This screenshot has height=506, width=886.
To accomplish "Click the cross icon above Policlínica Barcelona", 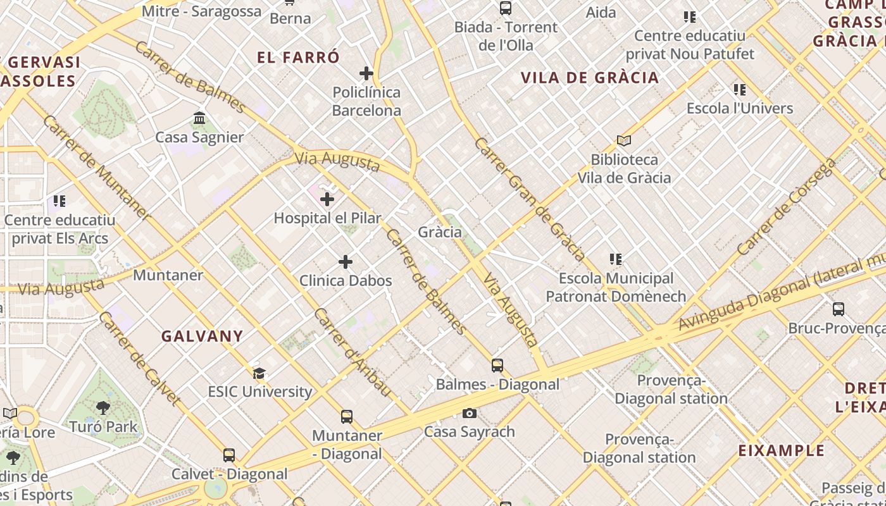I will point(366,73).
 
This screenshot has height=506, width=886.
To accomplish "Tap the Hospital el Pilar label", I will point(327,218).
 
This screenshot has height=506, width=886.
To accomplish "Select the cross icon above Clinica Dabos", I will point(346,262).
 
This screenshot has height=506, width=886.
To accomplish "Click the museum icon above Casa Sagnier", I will point(199,118).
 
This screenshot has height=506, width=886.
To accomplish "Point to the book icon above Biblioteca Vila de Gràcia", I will point(624,140).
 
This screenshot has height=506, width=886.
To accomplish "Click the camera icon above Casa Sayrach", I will point(469,414).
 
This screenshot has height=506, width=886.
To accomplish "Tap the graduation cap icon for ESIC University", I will point(259,373).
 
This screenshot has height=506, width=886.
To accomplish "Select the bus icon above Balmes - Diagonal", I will point(497,366).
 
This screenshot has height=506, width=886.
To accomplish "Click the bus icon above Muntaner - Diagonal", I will point(347,417).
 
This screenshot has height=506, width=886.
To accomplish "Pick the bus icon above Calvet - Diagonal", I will point(229,455).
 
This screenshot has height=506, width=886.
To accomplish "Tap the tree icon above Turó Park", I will point(103,408).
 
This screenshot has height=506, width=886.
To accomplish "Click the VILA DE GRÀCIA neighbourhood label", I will point(589,78).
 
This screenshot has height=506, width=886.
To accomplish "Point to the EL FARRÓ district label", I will point(298,57).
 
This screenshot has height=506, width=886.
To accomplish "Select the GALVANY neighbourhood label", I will point(202,336).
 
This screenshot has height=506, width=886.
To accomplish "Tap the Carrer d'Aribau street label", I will point(353,352).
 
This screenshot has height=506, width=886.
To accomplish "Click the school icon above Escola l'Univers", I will point(739,90).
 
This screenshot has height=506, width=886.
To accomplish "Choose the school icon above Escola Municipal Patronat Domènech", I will point(615,259).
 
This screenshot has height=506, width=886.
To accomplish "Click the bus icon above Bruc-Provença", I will point(838,309).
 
